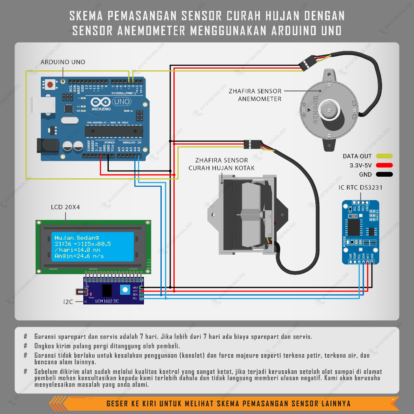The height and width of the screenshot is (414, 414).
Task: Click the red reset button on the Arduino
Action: click(51, 85)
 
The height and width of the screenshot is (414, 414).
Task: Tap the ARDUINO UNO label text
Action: click(63, 62)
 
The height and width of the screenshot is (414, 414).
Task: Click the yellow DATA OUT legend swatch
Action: click(384, 156)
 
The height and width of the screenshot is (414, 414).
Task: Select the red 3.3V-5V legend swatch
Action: click(384, 165)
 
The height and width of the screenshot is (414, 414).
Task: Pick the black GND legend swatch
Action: click(384, 175)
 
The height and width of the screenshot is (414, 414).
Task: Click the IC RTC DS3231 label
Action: click(360, 188)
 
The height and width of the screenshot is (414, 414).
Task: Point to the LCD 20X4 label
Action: click(65, 207)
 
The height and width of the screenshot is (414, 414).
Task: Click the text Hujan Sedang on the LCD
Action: click(76, 238)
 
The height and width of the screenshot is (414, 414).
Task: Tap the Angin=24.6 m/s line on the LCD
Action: click(79, 256)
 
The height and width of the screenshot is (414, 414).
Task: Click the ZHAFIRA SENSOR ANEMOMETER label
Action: click(255, 95)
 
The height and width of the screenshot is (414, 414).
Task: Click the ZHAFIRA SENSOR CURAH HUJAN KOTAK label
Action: click(221, 164)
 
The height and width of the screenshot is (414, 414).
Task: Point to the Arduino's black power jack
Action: click(46, 146)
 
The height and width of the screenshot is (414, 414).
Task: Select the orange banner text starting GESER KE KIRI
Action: click(228, 403)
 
